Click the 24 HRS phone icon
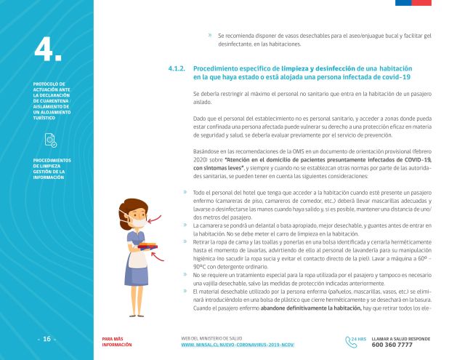(357, 340)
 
